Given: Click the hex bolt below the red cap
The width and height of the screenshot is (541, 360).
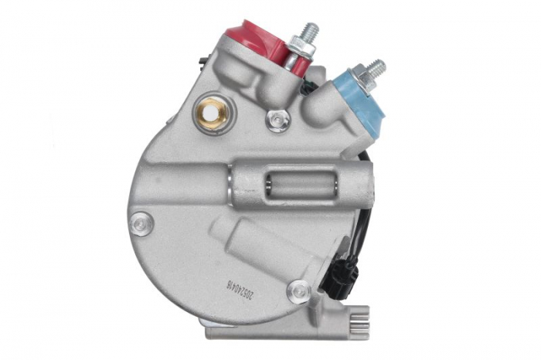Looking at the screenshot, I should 277,120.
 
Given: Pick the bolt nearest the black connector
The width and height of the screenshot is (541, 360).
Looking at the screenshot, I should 298,291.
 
